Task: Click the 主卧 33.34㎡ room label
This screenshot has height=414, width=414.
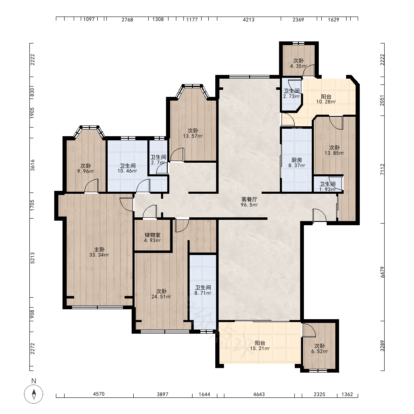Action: point(99,252)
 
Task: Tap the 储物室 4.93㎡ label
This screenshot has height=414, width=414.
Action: point(152,238)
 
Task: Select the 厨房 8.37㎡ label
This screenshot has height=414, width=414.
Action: point(297,163)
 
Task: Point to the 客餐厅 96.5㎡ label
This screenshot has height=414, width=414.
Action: point(249,202)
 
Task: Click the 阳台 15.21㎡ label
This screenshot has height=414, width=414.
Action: point(260,346)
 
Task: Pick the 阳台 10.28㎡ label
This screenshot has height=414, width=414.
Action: point(326,99)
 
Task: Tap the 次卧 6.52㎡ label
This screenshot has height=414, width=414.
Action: point(320,349)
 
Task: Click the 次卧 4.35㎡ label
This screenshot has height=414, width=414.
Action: point(298,63)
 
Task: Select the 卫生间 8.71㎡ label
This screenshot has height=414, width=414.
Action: point(203,290)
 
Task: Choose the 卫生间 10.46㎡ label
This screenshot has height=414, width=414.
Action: point(128,168)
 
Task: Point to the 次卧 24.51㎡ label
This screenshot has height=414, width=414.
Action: point(161,294)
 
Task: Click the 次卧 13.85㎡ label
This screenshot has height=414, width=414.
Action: point(334,150)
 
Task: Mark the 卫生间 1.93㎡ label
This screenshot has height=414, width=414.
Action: point(327,186)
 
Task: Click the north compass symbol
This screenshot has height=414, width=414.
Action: point(34,394)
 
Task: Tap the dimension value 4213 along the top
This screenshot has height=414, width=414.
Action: point(248,19)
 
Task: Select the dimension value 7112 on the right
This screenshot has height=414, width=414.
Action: point(383,169)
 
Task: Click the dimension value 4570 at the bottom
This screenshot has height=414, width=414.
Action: point(99,394)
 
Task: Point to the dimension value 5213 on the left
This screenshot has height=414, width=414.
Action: point(32,258)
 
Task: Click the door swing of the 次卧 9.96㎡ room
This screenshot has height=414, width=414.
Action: point(91,185)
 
